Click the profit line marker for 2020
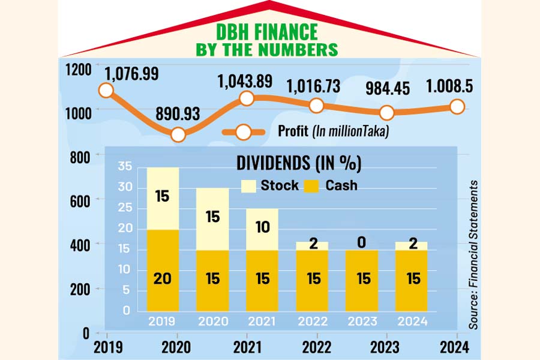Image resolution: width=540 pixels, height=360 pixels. pos(177,134)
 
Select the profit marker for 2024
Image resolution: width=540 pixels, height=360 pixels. pos(457,107)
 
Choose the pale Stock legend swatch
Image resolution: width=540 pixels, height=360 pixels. pos(247,185)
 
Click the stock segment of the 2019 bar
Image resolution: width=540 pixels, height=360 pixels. pos(163,198)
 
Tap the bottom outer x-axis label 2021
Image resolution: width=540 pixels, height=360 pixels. pos(247,347)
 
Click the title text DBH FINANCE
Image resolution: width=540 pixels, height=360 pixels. pos(267,31)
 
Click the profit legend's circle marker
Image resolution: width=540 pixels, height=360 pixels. pos(244,132)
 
